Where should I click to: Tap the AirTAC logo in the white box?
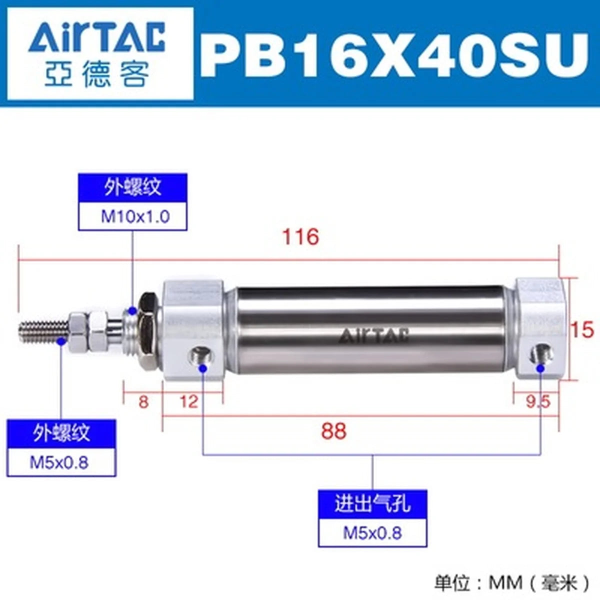pos(96,38)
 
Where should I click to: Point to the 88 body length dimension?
pos(334,431)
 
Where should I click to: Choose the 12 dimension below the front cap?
pos(188,401)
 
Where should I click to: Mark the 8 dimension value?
pos(143,401)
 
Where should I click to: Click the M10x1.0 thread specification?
pos(135,216)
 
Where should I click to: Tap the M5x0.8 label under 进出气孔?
pos(372,532)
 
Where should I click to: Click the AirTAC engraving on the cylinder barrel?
pos(373,335)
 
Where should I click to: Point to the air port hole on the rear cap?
pos(542,354)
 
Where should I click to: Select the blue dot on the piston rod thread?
pos(61,342)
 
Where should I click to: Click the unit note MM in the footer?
pos(505,582)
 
